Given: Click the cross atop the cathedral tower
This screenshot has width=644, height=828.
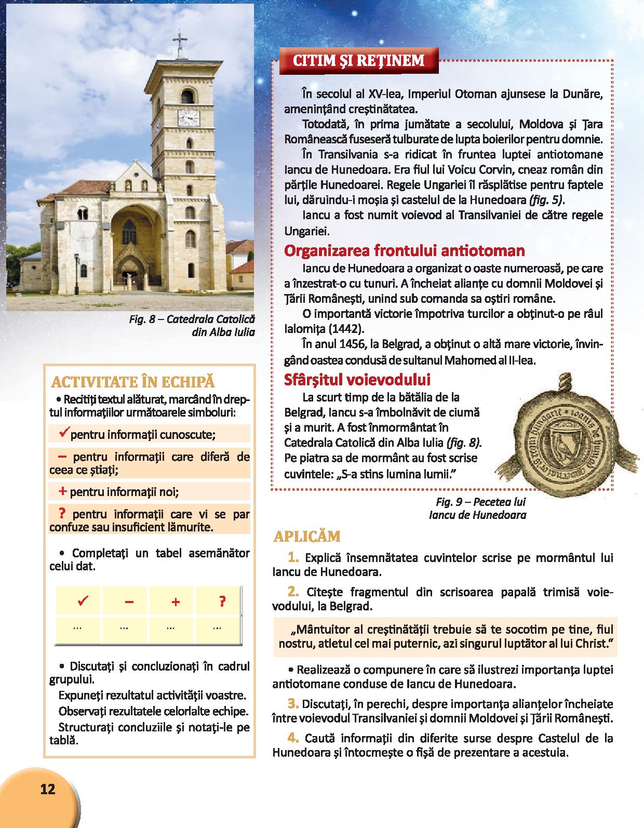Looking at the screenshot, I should pyautogui.click(x=180, y=42).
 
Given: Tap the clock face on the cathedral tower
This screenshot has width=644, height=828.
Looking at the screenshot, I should pyautogui.click(x=189, y=117).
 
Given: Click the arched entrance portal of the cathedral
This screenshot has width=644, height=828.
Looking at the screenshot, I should pyautogui.click(x=130, y=254).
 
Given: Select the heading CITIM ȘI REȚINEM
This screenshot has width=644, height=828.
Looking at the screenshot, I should pyautogui.click(x=358, y=61).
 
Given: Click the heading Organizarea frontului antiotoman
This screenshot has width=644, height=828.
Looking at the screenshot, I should pyautogui.click(x=404, y=251).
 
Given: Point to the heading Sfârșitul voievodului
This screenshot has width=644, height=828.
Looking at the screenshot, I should pyautogui.click(x=357, y=380).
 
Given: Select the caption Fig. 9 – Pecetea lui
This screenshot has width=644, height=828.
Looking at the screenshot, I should pyautogui.click(x=481, y=502).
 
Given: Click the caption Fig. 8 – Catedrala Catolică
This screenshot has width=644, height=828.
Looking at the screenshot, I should pyautogui.click(x=192, y=319).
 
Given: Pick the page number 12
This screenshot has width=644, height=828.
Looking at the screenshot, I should pyautogui.click(x=47, y=789).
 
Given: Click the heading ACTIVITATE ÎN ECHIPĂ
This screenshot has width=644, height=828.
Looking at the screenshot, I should pyautogui.click(x=133, y=382).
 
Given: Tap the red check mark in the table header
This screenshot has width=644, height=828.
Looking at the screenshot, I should pyautogui.click(x=81, y=602).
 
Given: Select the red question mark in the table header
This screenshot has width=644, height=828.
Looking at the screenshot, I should pyautogui.click(x=222, y=602).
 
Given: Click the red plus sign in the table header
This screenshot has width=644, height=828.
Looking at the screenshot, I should pyautogui.click(x=176, y=602).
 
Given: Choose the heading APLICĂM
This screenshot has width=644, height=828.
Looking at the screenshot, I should pyautogui.click(x=306, y=536).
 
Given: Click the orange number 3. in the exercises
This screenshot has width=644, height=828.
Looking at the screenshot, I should pyautogui.click(x=293, y=704).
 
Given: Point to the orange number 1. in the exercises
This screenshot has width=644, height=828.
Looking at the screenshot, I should pyautogui.click(x=293, y=558).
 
